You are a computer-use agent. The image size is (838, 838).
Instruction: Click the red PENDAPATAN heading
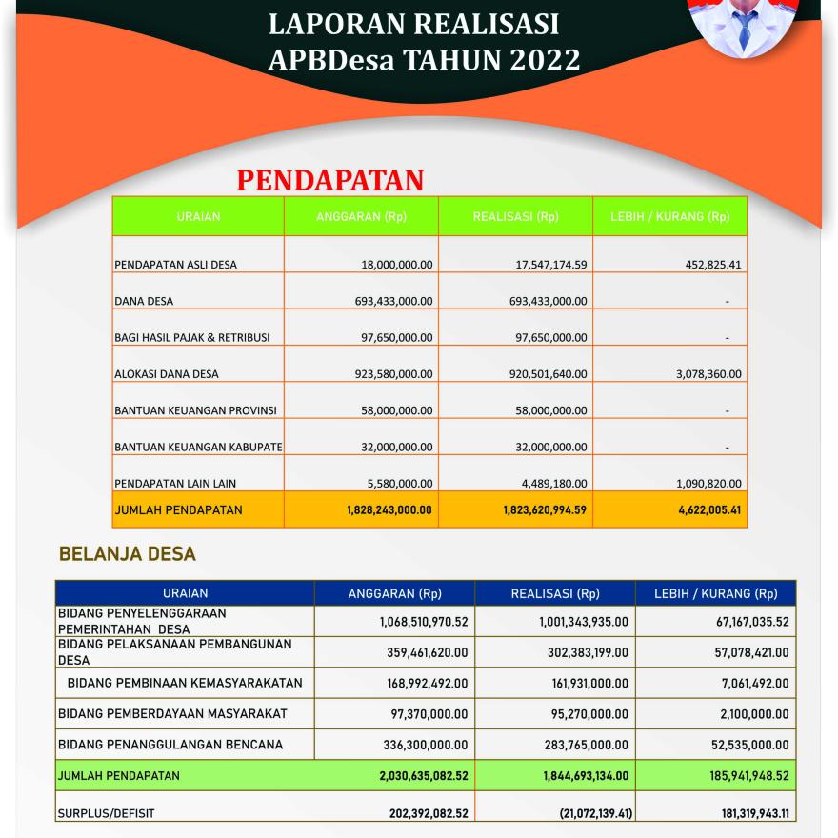(329, 180)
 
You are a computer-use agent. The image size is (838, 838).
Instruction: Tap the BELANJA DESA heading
(128, 553)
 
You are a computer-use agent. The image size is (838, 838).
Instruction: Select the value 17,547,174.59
(551, 265)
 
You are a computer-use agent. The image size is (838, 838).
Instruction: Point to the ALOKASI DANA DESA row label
(167, 374)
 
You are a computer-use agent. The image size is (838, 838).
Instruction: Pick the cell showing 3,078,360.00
(708, 374)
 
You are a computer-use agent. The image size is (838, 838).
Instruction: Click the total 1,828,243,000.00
(389, 510)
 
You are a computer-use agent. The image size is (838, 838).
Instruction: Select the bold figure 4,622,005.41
(707, 510)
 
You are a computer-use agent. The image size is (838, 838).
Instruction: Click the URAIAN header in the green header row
(198, 217)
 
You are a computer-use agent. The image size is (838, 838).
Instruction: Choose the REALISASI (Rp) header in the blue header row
(555, 593)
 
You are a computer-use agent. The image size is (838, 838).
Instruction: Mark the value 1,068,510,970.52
(417, 622)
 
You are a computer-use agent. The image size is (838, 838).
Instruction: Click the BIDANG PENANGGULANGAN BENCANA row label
(170, 745)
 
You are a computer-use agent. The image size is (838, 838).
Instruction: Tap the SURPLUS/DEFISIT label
(106, 814)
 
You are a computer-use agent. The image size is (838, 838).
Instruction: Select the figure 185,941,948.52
(734, 776)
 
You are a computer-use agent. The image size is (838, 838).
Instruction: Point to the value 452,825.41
(713, 265)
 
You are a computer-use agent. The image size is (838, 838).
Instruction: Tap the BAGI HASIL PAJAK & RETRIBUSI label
(192, 338)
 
